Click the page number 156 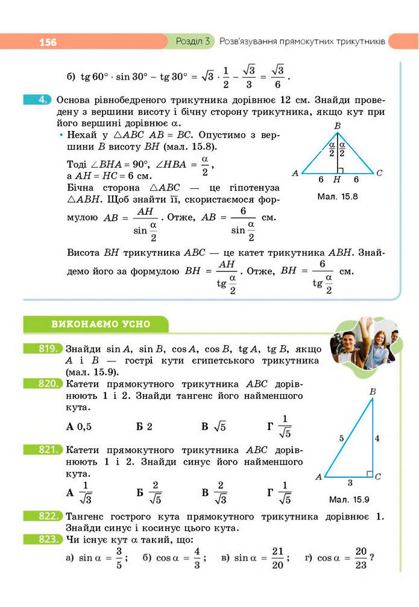48,42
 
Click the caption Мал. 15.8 337,197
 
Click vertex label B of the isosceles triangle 337,126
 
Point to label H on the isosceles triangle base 337,180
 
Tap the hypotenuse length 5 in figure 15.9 341,439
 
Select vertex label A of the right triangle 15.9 318,477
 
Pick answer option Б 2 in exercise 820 144,426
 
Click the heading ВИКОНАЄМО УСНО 101,324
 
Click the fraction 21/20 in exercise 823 277,558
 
